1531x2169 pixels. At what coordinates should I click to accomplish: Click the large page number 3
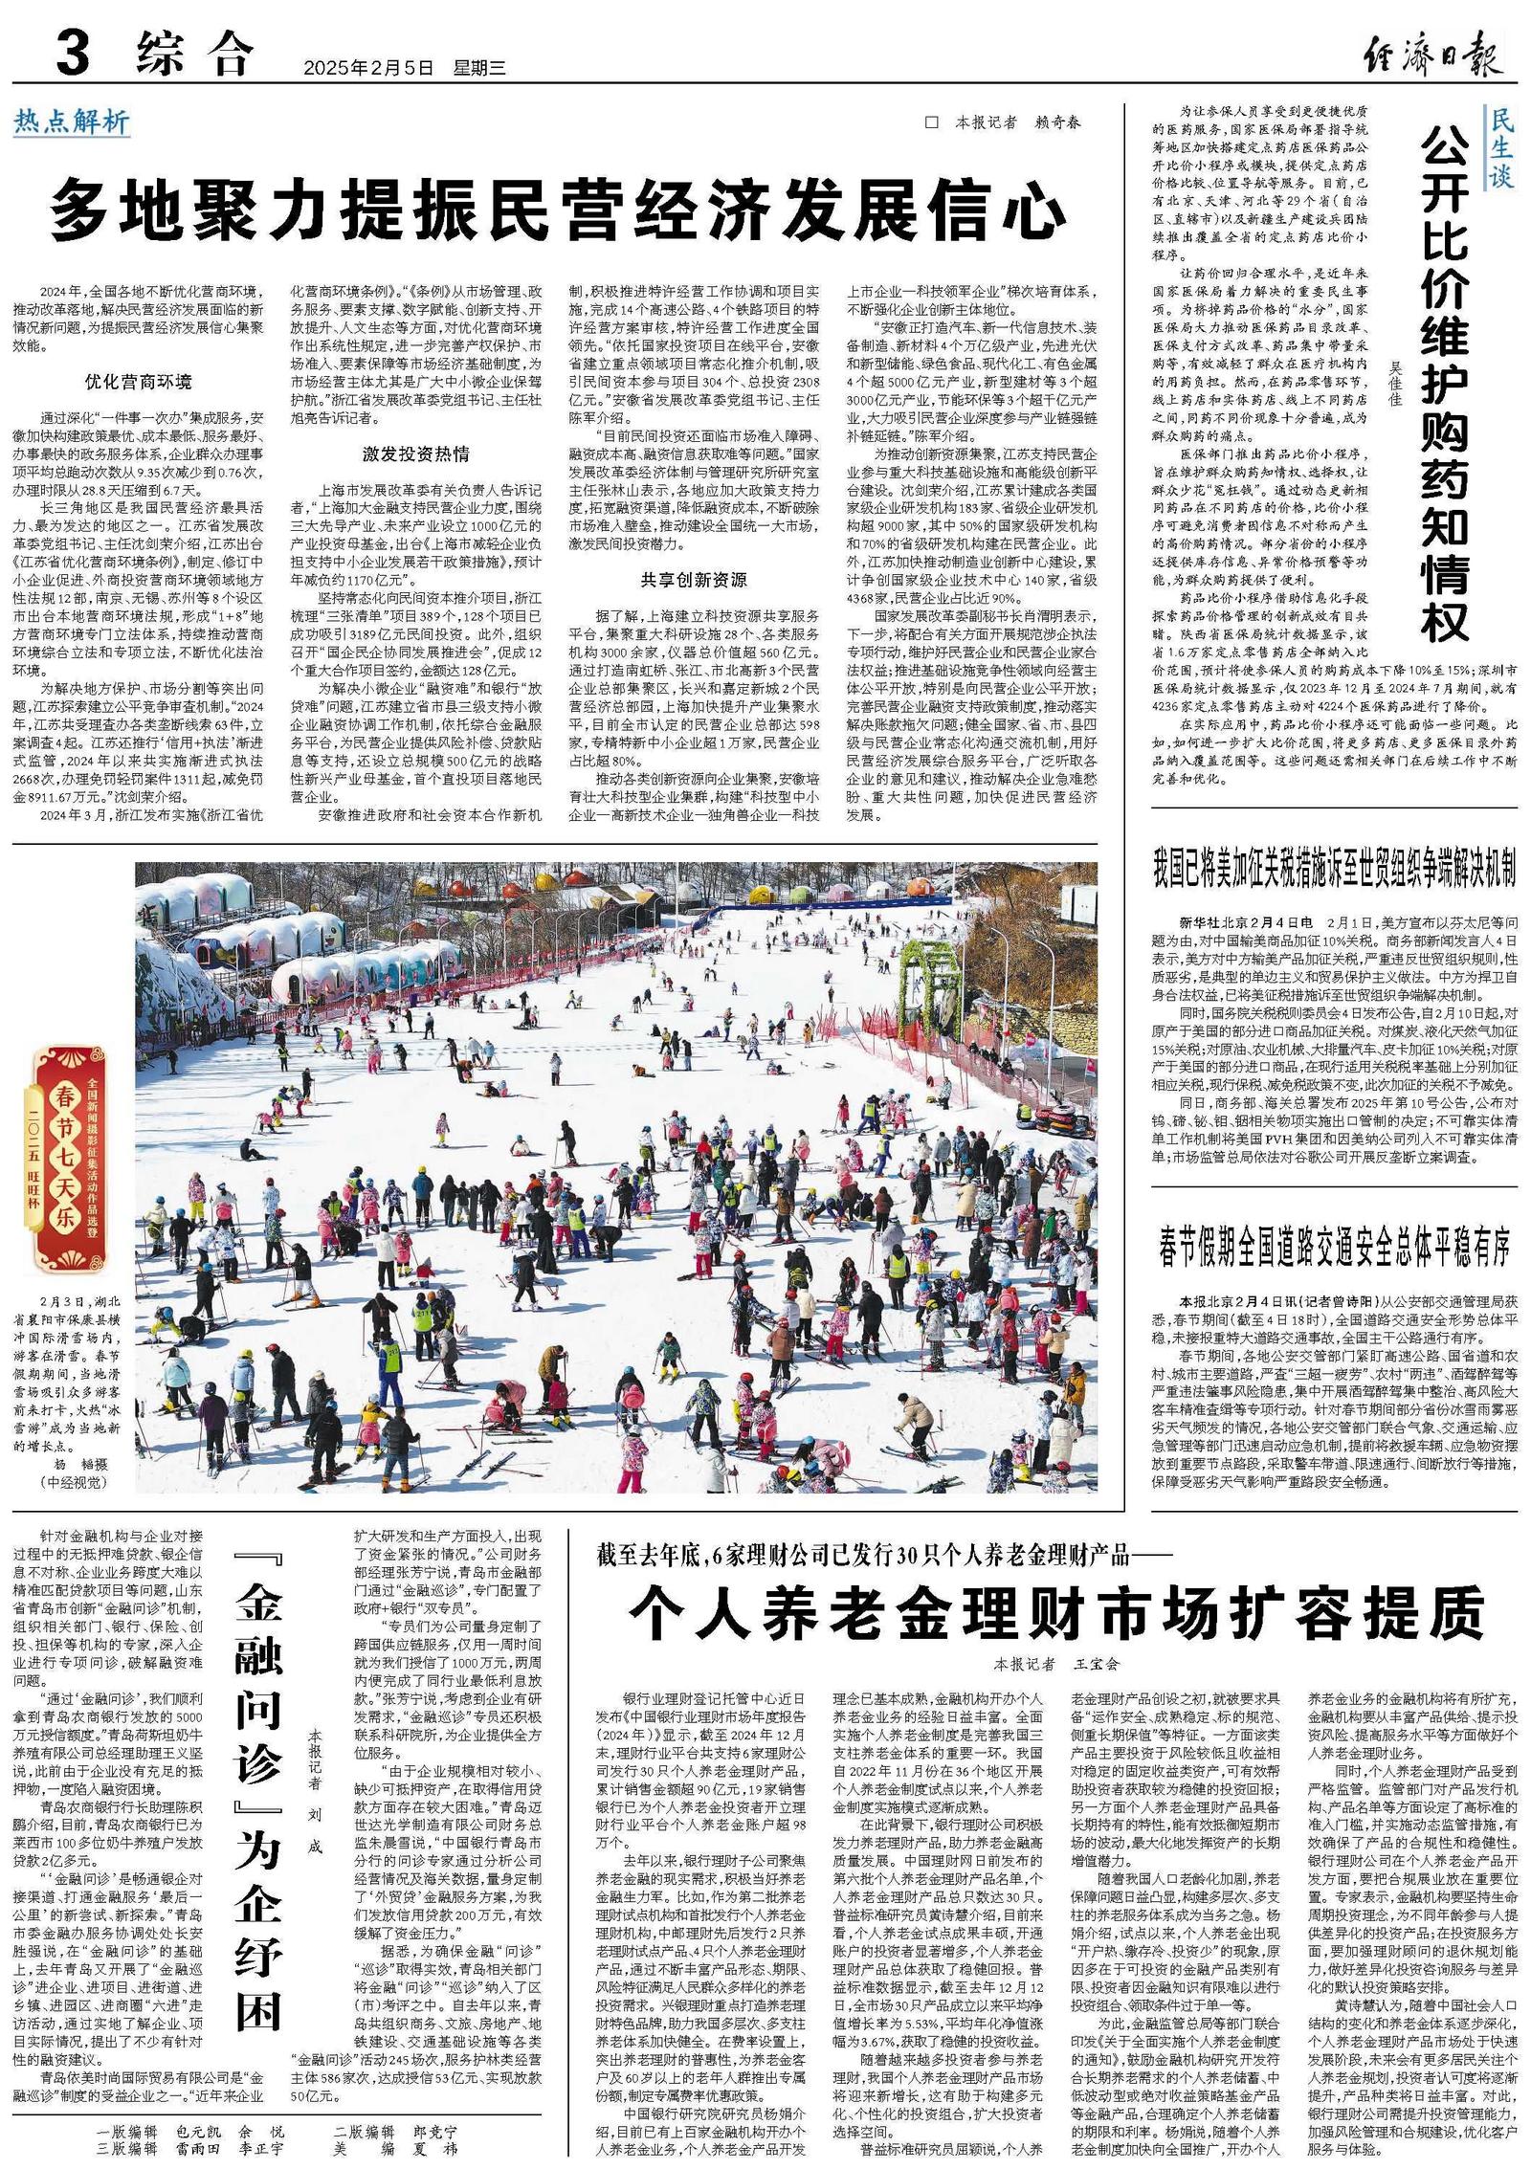pyautogui.click(x=73, y=55)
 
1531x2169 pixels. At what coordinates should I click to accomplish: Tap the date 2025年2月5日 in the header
pyautogui.click(x=368, y=68)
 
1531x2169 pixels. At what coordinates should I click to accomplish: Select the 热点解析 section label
pyautogui.click(x=72, y=122)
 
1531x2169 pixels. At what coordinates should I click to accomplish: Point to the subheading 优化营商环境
pyautogui.click(x=138, y=382)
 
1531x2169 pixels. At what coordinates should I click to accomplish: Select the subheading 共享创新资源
pyautogui.click(x=694, y=580)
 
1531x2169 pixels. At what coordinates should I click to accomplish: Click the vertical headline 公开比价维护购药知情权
pyautogui.click(x=1445, y=383)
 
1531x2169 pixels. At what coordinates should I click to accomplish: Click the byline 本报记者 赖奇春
pyautogui.click(x=1017, y=122)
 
